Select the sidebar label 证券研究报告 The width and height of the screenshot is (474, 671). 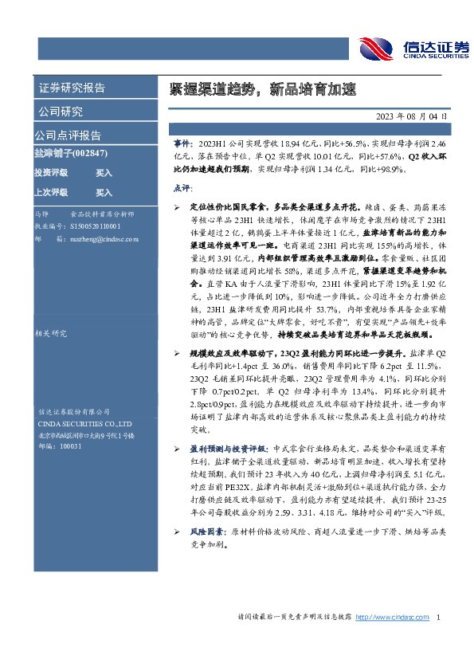coord(72,88)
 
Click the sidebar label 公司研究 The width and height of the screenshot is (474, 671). coord(61,111)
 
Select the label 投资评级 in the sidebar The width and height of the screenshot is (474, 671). coord(51,172)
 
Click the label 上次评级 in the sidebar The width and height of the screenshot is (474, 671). coord(51,192)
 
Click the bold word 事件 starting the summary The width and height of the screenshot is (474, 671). coord(182,141)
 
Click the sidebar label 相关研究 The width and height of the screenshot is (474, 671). coord(53,312)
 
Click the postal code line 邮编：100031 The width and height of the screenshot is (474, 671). coord(60,447)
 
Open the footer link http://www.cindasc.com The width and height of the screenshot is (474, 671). coord(392,617)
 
